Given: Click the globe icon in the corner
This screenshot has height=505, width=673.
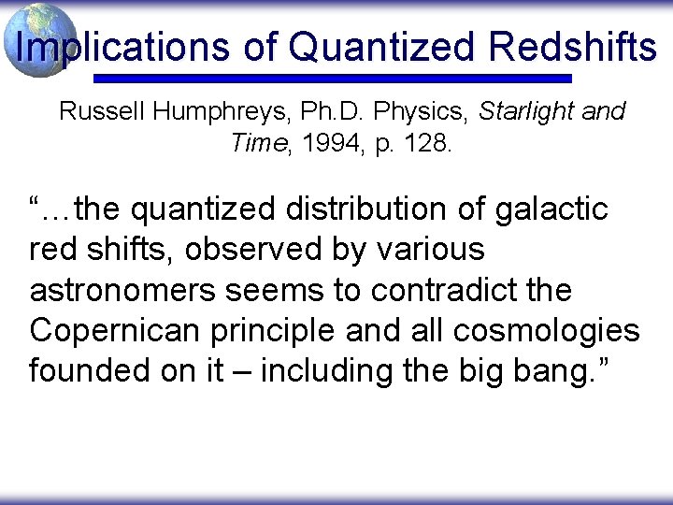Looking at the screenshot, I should coord(38,39).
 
